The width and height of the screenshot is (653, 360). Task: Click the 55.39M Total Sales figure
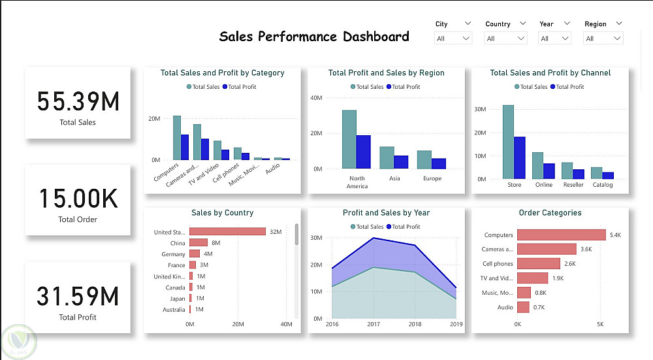(x=78, y=102)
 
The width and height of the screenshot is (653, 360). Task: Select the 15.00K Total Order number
(x=78, y=199)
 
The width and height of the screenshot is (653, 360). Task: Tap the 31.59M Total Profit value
(x=78, y=297)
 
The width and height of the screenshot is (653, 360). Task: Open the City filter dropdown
(x=453, y=39)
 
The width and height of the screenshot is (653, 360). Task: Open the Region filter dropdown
(x=603, y=39)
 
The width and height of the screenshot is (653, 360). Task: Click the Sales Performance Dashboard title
(x=314, y=37)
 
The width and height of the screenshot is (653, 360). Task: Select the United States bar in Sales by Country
(x=227, y=231)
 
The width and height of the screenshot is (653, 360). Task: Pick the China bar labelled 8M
(x=199, y=242)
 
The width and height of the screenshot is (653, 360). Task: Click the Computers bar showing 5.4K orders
(x=561, y=235)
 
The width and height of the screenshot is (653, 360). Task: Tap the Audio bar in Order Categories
(x=522, y=307)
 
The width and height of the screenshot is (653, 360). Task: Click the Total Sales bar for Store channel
(x=508, y=142)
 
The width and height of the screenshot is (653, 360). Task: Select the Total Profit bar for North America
(x=364, y=152)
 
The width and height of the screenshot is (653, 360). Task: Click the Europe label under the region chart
(x=432, y=178)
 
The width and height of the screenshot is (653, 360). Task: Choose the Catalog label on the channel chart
(x=603, y=185)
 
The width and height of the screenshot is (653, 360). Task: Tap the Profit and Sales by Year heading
(x=386, y=212)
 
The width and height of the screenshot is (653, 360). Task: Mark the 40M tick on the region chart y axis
(x=316, y=98)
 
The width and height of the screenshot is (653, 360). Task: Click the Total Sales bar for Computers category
(x=176, y=137)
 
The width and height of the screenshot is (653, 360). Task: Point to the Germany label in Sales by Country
(x=174, y=254)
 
